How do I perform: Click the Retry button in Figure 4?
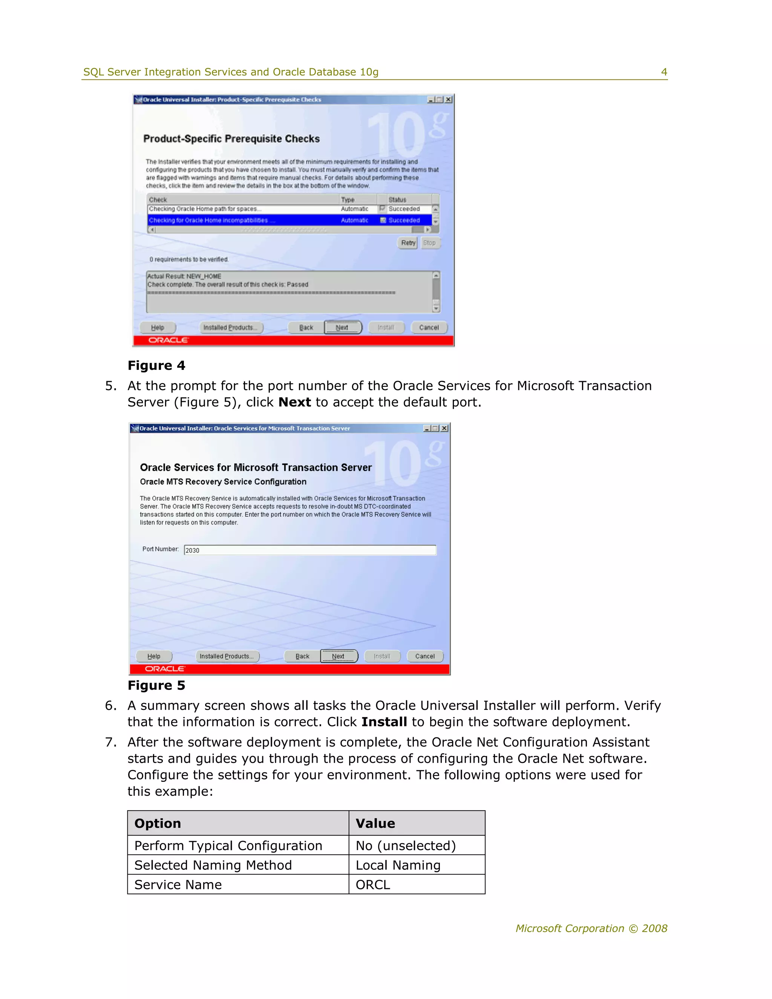(x=408, y=243)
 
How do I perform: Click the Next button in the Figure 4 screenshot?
(x=343, y=328)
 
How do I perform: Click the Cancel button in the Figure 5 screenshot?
(x=425, y=656)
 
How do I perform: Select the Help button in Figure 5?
(x=154, y=656)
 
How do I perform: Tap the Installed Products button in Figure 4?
(x=231, y=328)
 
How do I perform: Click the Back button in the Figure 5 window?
(x=302, y=656)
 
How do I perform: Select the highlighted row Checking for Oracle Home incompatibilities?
(x=289, y=221)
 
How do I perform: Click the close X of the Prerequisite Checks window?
(x=448, y=99)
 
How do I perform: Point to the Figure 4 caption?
(x=156, y=365)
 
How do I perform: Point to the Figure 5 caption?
(x=156, y=685)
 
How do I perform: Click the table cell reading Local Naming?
(x=398, y=865)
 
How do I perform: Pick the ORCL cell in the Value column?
(x=373, y=885)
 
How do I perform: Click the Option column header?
(x=158, y=823)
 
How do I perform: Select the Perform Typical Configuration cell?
(x=228, y=845)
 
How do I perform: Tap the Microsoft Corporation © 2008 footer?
(x=591, y=928)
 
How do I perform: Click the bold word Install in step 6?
(x=384, y=722)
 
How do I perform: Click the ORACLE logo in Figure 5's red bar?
(x=165, y=669)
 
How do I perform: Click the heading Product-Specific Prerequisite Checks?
(x=231, y=139)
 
